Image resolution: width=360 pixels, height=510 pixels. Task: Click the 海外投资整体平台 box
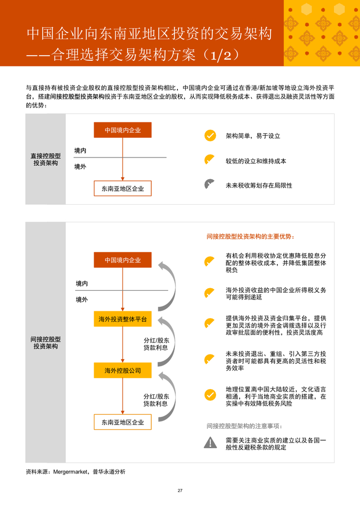[122, 320]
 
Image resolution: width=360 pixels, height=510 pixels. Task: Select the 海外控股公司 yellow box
[122, 371]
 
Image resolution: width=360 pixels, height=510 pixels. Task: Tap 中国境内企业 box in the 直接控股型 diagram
[122, 130]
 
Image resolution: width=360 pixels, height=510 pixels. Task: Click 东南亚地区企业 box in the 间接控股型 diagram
[122, 423]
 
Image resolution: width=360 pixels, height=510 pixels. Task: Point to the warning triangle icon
[210, 442]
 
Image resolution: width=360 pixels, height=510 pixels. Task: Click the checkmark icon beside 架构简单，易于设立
[210, 136]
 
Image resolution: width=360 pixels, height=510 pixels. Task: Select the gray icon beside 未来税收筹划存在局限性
[210, 185]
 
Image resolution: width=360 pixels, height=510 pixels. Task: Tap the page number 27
[180, 490]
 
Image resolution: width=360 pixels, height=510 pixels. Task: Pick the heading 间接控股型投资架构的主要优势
[250, 237]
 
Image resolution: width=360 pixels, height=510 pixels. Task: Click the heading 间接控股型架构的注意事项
[244, 426]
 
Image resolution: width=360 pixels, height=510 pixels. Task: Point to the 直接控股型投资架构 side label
[45, 159]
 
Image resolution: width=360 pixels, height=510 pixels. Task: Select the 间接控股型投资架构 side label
[45, 343]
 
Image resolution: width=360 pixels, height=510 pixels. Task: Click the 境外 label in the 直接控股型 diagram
[80, 167]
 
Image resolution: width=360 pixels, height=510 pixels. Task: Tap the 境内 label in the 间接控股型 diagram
[82, 284]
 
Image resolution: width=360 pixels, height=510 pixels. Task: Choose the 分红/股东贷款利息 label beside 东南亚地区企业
[156, 400]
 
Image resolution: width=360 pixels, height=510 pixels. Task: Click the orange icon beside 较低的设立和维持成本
[210, 160]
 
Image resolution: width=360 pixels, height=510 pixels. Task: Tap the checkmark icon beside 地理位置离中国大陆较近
[210, 395]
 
